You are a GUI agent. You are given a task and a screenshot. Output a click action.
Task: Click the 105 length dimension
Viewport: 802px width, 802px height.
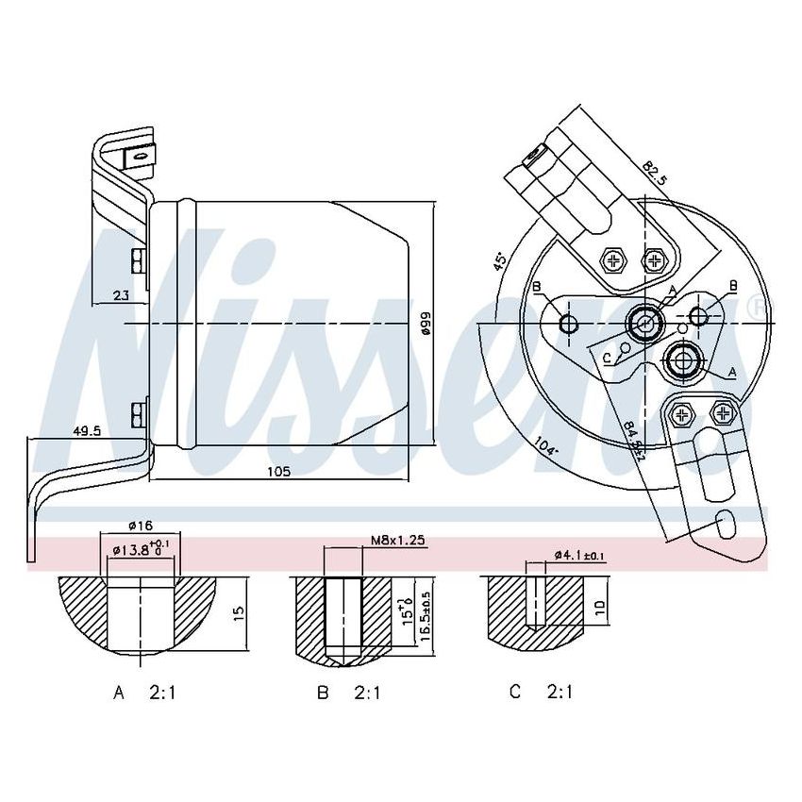coord(278,471)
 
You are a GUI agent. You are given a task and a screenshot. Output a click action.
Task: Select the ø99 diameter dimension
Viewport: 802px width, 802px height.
coord(426,326)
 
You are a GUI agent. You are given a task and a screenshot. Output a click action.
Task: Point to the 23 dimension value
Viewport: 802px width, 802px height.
coord(121,295)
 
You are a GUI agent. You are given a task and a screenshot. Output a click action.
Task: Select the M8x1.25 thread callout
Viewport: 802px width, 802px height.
coord(397,540)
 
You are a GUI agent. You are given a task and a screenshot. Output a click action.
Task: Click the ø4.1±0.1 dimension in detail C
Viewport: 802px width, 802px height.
coord(580,556)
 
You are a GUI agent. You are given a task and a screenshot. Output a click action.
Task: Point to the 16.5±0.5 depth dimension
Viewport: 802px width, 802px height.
coord(426,613)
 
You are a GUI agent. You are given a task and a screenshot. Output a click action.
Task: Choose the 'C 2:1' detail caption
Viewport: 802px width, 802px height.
coord(541,693)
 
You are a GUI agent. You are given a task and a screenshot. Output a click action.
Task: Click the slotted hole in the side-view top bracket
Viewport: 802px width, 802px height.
coord(139,158)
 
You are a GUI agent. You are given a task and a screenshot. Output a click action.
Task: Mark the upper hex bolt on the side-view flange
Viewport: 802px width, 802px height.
coord(138,259)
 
